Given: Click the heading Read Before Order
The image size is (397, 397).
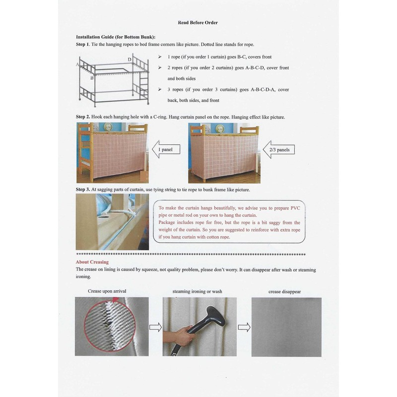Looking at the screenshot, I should click(198, 23).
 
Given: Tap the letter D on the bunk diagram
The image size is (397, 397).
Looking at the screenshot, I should click(129, 60).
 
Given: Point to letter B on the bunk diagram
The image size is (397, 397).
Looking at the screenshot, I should click(92, 78).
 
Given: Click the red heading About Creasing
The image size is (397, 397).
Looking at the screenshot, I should click(92, 262).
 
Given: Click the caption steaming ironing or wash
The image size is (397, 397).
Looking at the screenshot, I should click(197, 291).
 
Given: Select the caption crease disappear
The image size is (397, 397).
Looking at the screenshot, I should click(284, 291).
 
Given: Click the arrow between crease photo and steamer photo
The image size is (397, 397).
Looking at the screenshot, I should click(155, 327).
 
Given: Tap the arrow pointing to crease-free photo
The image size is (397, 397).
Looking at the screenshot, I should click(244, 327).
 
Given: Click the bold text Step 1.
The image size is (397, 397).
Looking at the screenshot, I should click(82, 45).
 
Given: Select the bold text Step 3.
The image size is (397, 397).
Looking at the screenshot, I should click(82, 190).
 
